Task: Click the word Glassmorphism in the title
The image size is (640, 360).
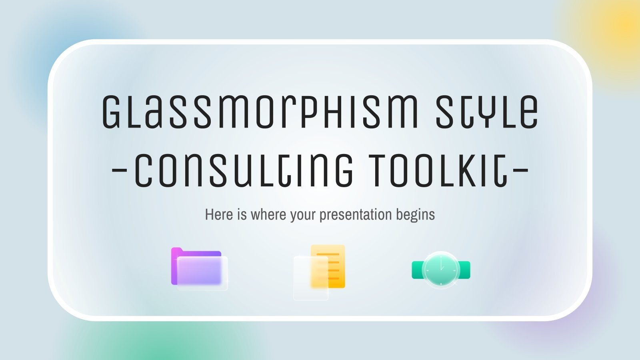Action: [x=260, y=112]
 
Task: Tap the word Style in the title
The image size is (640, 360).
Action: [x=486, y=112]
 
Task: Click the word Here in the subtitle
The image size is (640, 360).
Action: [x=218, y=215]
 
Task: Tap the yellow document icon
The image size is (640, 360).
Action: [x=328, y=266]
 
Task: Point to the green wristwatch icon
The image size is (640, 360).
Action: [x=441, y=270]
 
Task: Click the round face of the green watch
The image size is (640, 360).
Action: [x=441, y=270]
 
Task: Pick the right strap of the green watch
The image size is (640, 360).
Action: [x=464, y=270]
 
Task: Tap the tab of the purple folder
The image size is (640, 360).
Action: [x=176, y=250]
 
